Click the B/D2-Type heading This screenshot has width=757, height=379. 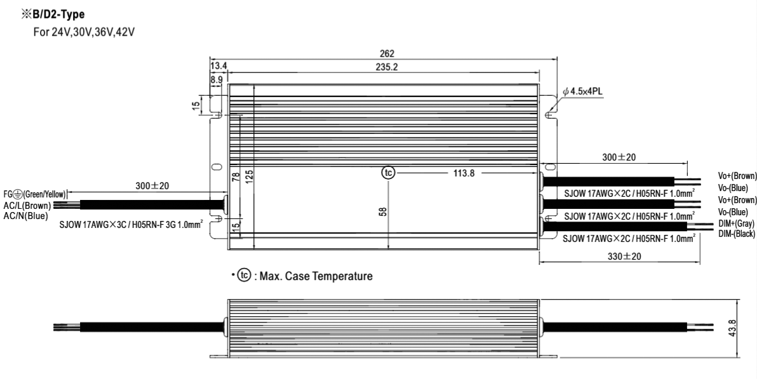tap(53, 15)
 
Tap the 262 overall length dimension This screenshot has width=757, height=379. tap(387, 53)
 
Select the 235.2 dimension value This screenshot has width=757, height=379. tap(387, 67)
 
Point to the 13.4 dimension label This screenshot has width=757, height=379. tap(218, 66)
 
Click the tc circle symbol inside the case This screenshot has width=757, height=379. tap(388, 173)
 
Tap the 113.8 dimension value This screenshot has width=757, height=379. tap(464, 173)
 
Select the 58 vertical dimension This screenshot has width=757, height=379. tap(384, 211)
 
